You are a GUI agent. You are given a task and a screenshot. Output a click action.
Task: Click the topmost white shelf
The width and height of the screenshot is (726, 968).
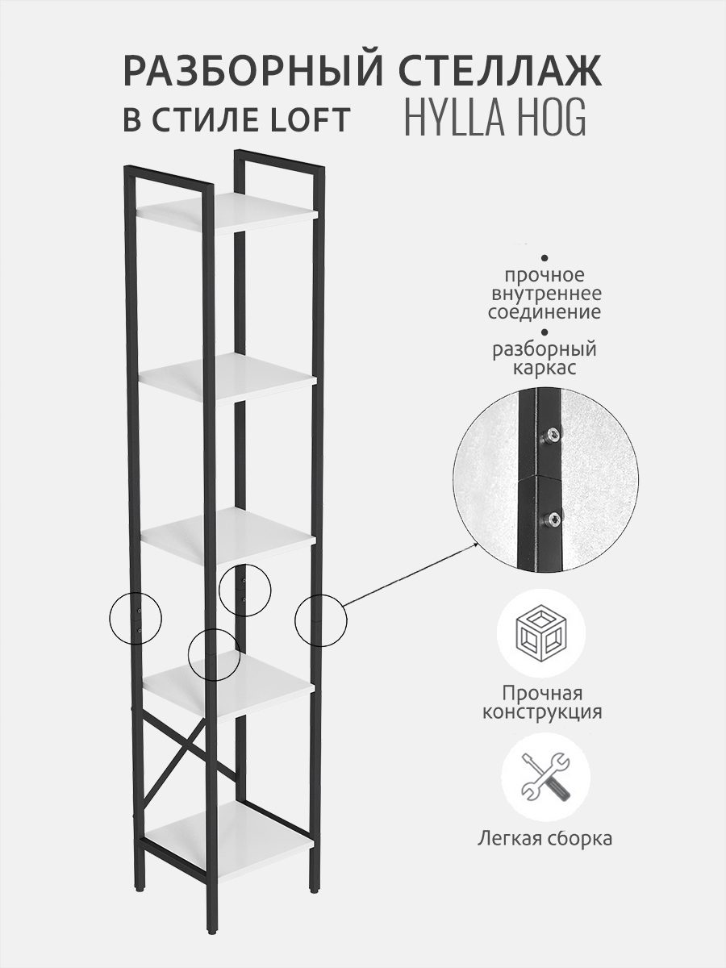227,213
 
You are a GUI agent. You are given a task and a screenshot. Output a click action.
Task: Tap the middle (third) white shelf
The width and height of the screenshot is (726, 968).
227,534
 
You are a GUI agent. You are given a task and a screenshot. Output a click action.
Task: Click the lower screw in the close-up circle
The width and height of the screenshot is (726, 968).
553,520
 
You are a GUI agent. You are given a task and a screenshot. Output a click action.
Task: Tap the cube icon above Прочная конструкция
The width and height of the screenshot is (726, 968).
541,632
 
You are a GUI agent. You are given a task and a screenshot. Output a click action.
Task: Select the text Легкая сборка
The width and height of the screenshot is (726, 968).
544,838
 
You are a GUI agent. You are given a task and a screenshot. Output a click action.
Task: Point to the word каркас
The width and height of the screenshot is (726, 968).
544,367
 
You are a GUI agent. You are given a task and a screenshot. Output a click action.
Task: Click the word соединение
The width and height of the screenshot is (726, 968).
544,312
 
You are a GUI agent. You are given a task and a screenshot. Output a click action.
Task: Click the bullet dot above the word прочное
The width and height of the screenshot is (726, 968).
544,257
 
